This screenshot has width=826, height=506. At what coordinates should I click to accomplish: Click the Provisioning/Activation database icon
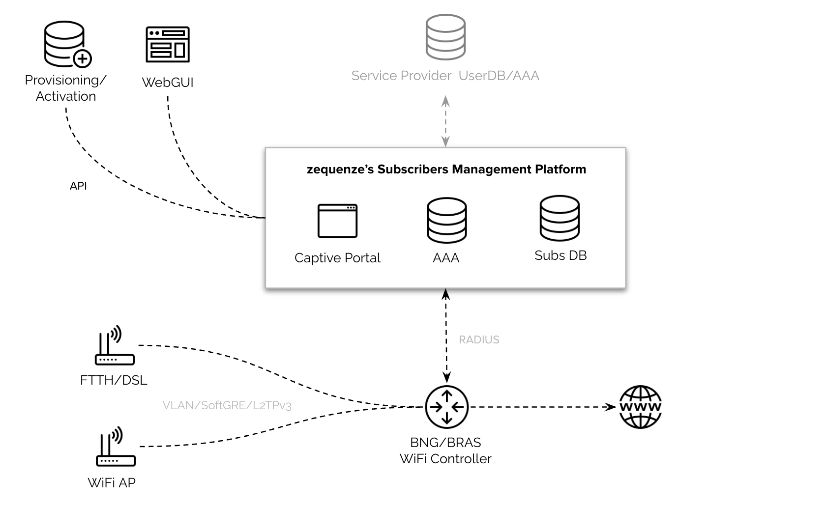pyautogui.click(x=65, y=44)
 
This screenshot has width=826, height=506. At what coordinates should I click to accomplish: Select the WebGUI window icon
pyautogui.click(x=168, y=44)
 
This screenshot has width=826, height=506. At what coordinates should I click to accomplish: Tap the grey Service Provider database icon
pyautogui.click(x=445, y=37)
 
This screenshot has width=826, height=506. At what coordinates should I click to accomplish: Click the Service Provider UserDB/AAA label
pyautogui.click(x=445, y=76)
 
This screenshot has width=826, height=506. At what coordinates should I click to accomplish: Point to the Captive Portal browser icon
pyautogui.click(x=337, y=221)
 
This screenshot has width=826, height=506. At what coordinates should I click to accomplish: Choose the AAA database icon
pyautogui.click(x=446, y=220)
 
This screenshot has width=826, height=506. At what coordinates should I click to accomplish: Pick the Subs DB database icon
pyautogui.click(x=560, y=218)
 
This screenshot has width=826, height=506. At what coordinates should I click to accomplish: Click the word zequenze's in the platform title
pyautogui.click(x=340, y=169)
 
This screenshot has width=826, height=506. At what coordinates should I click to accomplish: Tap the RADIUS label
pyautogui.click(x=479, y=339)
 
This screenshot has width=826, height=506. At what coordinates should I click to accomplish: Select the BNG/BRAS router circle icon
pyautogui.click(x=446, y=407)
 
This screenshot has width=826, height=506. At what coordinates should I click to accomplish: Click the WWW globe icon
pyautogui.click(x=640, y=407)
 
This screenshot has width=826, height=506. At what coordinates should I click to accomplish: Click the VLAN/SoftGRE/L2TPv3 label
pyautogui.click(x=227, y=405)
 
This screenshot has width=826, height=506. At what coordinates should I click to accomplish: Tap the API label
pyautogui.click(x=78, y=186)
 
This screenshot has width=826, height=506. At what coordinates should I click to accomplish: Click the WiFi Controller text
pyautogui.click(x=445, y=459)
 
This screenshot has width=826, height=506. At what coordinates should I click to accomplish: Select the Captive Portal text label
pyautogui.click(x=337, y=258)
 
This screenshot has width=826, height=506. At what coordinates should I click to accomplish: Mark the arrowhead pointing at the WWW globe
pyautogui.click(x=611, y=407)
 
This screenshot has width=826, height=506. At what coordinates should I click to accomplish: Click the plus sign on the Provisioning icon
pyautogui.click(x=83, y=59)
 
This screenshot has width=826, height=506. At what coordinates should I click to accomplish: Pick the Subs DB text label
pyautogui.click(x=560, y=255)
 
